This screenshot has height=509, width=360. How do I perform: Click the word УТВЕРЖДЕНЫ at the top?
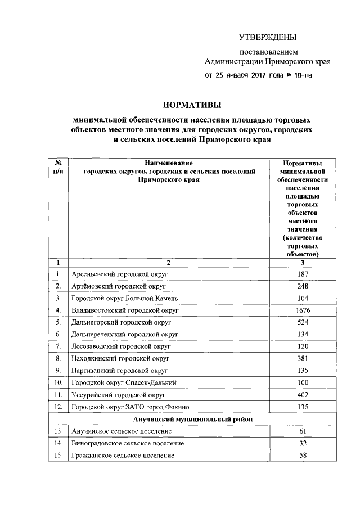pyautogui.click(x=267, y=38)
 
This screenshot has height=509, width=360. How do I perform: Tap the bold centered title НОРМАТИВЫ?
pyautogui.click(x=191, y=105)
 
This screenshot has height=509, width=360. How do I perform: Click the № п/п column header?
pyautogui.click(x=58, y=167)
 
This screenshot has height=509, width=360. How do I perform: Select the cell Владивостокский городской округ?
pyautogui.click(x=124, y=310)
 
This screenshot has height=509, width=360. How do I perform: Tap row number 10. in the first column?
pyautogui.click(x=58, y=382)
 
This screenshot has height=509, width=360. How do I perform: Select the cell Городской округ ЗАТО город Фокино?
pyautogui.click(x=133, y=407)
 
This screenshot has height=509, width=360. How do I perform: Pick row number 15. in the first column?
pyautogui.click(x=58, y=455)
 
